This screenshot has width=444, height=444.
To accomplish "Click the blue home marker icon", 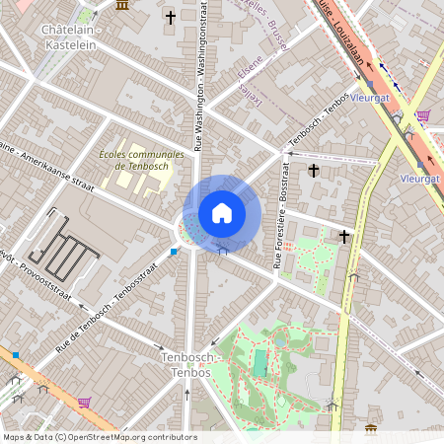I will click(x=222, y=213).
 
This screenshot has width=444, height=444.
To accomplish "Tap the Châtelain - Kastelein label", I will click(x=74, y=37).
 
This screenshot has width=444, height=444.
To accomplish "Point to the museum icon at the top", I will click(x=121, y=5).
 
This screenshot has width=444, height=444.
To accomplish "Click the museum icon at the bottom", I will click(x=370, y=429).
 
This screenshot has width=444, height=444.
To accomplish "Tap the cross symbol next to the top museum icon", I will click(x=171, y=18).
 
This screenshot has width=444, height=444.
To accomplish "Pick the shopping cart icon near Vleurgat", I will click(x=422, y=116).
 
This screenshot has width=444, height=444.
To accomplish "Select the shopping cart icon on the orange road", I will click(x=84, y=402).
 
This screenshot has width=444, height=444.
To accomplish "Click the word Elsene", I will click(x=252, y=70).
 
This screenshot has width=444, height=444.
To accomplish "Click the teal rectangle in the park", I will click(x=259, y=363).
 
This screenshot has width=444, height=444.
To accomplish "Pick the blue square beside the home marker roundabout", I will click(x=175, y=253).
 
